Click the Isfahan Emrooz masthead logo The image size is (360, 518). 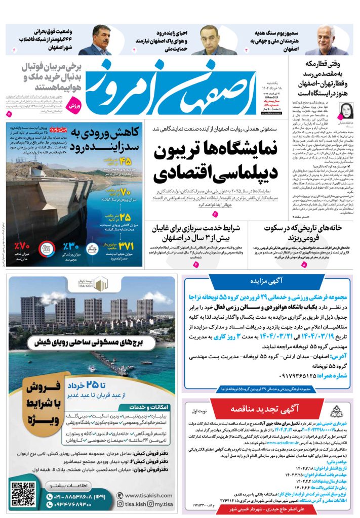[172, 87]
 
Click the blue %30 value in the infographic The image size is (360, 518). [71, 247]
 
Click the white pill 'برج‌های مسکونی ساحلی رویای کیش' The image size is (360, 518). [93, 342]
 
